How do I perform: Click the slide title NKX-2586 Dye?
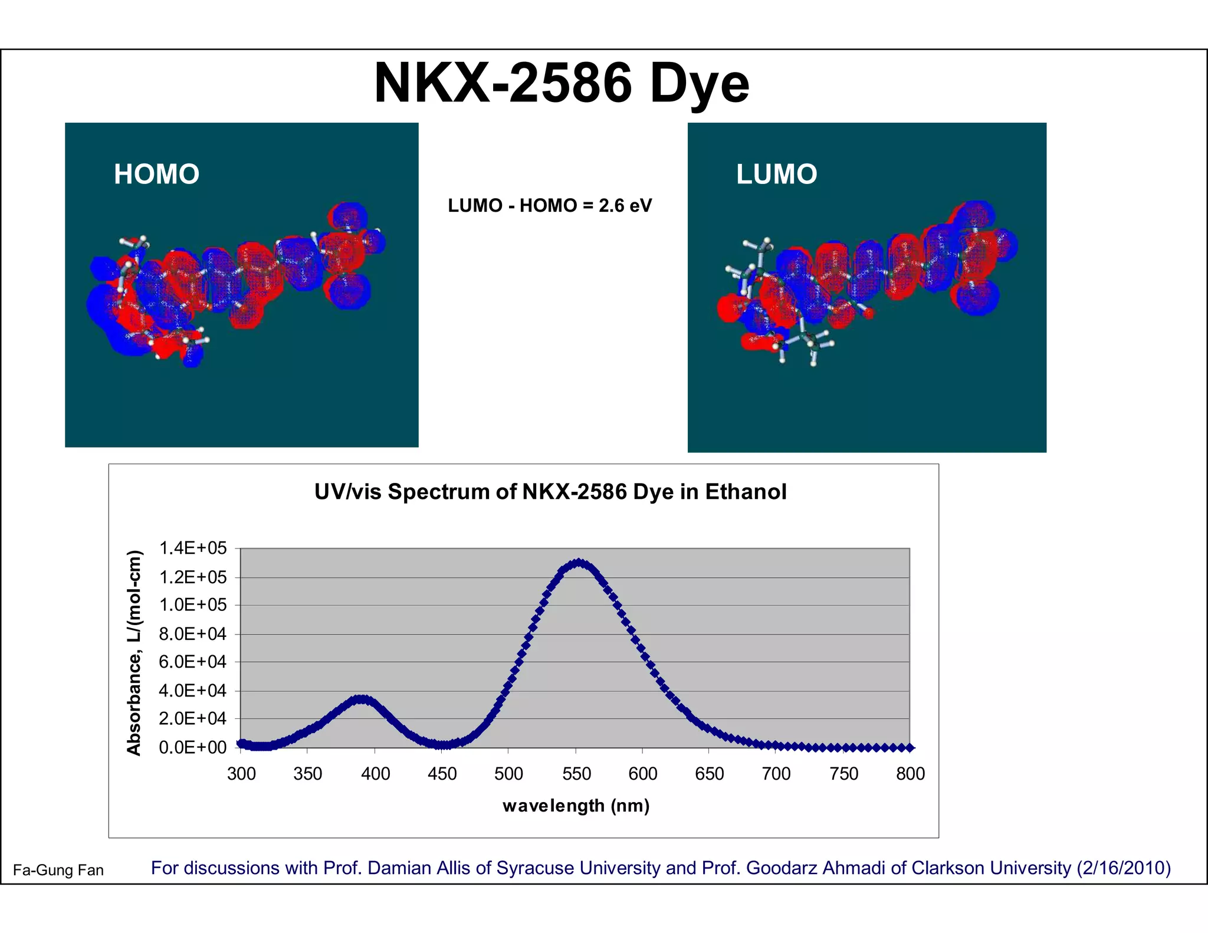pos(561,83)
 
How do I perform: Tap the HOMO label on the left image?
pos(156,175)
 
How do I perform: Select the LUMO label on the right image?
pos(776,175)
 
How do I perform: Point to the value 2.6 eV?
pos(625,206)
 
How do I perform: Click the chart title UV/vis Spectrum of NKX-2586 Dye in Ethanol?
pos(550,492)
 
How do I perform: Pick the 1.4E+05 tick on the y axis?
pos(193,548)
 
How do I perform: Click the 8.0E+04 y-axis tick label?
pos(193,634)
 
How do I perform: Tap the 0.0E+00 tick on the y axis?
pos(193,748)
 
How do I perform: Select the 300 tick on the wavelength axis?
pos(241,774)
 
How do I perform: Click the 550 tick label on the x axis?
pos(576,774)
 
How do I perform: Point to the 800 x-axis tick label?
pos(910,774)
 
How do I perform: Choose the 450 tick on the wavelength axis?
pos(442,774)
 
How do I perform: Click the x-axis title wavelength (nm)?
pos(576,806)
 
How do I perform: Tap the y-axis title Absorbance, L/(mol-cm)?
pos(134,652)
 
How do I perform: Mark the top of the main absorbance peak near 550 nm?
pos(579,563)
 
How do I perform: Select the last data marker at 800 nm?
pos(910,748)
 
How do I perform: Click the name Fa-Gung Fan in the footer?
pos(58,870)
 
